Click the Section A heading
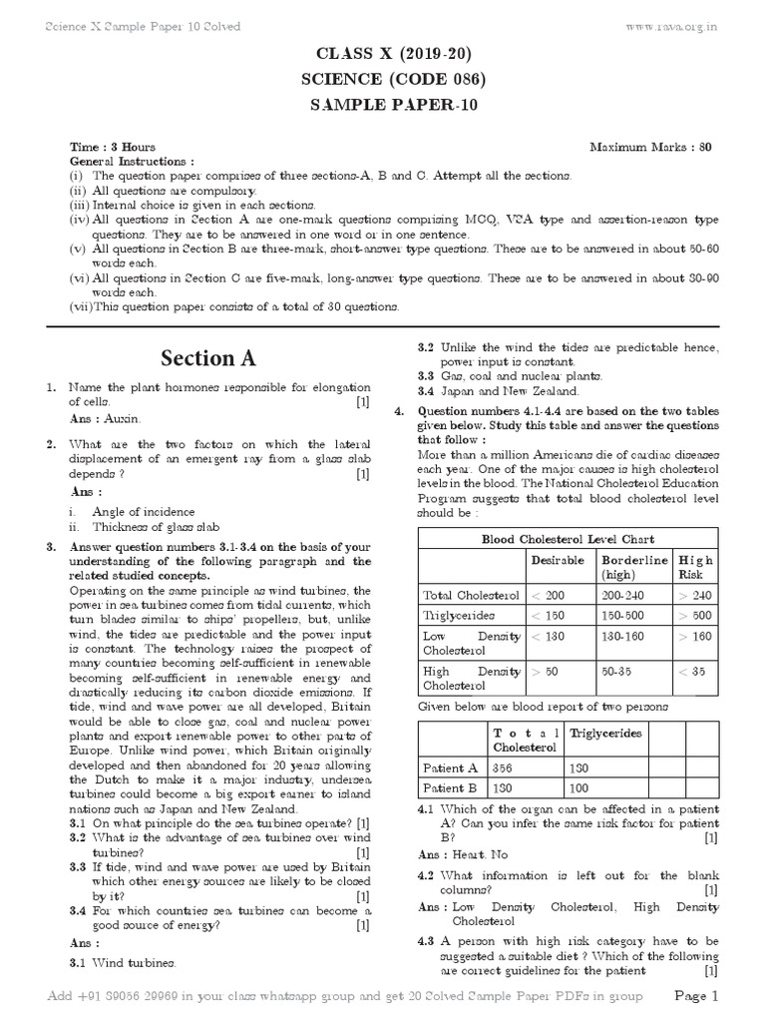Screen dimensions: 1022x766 tap(207, 358)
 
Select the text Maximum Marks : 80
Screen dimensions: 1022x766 tap(650, 148)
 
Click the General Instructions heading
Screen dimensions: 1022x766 tap(132, 161)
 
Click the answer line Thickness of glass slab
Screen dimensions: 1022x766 tap(157, 527)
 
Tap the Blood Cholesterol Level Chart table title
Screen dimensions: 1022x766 tap(567, 539)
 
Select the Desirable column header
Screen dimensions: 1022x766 tap(558, 561)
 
